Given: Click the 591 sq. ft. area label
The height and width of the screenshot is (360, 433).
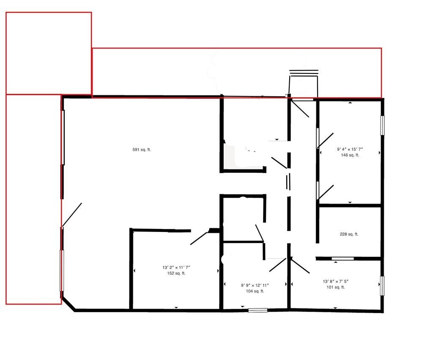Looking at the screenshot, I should click(x=142, y=150).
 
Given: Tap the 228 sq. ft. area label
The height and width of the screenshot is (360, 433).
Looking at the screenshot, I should click(x=349, y=234).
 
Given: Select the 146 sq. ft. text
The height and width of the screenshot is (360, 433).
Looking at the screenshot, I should click(x=350, y=155).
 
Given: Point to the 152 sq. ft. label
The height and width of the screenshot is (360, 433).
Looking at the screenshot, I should click(x=176, y=273).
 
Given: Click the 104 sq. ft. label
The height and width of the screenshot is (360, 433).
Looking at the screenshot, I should click(x=255, y=291).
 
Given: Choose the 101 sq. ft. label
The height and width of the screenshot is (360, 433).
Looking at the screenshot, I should click(x=336, y=287).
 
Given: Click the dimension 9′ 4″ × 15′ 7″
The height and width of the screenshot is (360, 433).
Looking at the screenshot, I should click(x=350, y=149).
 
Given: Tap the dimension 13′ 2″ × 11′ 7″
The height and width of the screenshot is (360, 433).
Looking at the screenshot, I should click(x=176, y=267).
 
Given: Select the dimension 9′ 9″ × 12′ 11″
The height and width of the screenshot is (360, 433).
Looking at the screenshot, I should click(x=255, y=285).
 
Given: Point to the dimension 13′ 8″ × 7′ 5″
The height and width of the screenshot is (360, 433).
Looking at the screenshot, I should click(x=336, y=281).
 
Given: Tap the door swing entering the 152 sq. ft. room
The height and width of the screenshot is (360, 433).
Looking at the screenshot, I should click(x=199, y=238).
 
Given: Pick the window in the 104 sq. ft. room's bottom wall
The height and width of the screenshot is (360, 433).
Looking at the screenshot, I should click(x=258, y=310).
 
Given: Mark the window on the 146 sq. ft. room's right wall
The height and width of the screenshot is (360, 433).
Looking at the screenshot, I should click(x=382, y=125).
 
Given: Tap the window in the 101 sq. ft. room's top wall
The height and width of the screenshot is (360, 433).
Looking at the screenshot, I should click(x=343, y=258).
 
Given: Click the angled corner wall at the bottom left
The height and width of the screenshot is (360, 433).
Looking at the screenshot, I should click(x=68, y=305).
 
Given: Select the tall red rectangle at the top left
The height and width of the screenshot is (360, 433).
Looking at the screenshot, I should click(x=49, y=53).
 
